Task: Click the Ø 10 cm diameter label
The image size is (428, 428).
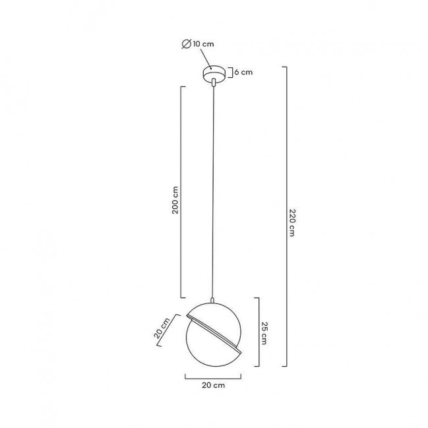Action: pos(198,44)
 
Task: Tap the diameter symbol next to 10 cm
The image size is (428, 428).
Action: pos(187,44)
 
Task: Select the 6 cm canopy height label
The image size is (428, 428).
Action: pos(243,73)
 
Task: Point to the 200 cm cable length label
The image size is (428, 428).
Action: pos(175,200)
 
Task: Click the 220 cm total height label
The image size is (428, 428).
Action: pos(292,222)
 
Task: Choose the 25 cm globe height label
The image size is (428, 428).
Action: pos(264,333)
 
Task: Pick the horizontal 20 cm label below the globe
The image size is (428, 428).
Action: pos(214,385)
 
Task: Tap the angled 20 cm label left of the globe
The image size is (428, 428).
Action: pos(162,328)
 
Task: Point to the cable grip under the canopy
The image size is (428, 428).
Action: pos(214,82)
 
